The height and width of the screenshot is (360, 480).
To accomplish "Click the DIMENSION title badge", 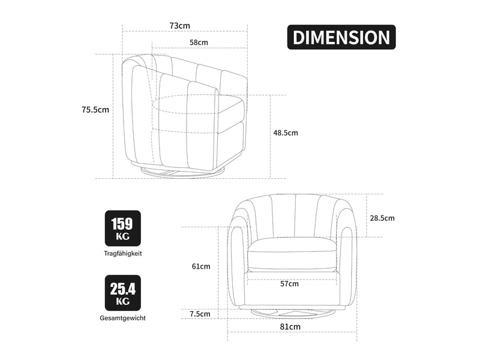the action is click(x=341, y=37).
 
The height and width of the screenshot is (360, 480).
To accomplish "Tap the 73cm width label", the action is click(x=179, y=26).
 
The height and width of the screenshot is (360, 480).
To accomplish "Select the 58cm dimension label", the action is click(x=199, y=43).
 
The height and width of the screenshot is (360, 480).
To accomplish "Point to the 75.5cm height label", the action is click(x=95, y=110).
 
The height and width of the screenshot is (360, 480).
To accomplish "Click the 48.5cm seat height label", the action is click(x=286, y=133).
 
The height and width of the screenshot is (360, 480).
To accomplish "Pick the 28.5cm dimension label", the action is click(x=382, y=218).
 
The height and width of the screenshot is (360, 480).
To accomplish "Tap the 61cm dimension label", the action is click(x=201, y=266).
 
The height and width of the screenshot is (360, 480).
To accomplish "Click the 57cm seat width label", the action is click(x=290, y=284).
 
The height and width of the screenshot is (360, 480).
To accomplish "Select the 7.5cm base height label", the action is click(x=200, y=314).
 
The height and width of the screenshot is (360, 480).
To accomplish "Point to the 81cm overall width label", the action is click(x=290, y=326).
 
